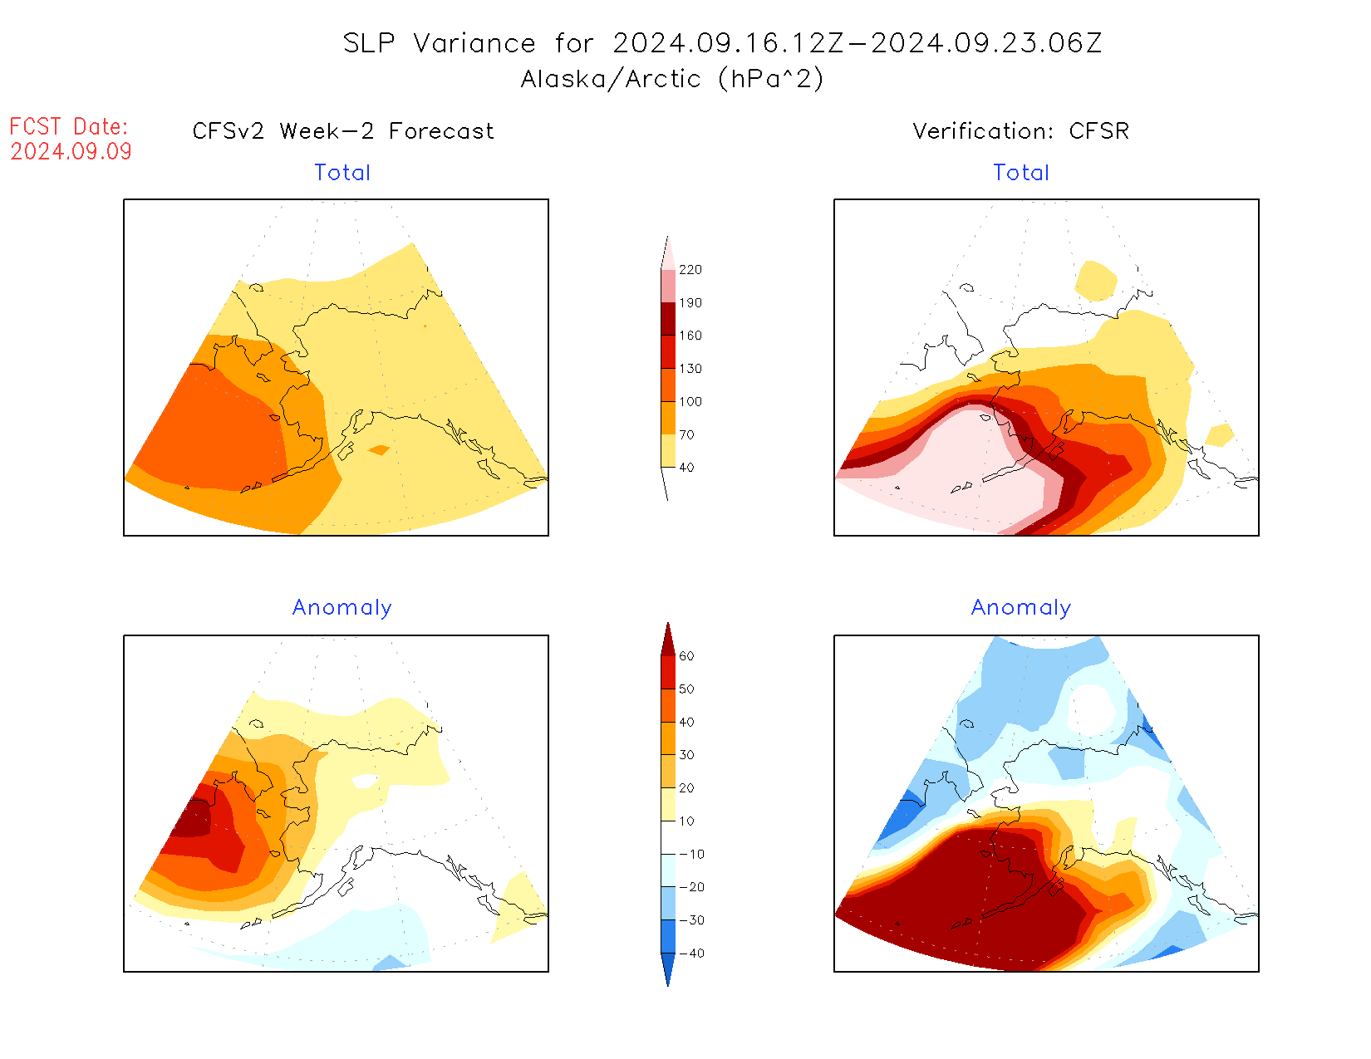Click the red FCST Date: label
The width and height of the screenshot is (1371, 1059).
tap(69, 127)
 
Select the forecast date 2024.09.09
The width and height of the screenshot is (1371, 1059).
tap(71, 152)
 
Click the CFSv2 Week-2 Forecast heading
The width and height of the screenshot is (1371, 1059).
tap(343, 131)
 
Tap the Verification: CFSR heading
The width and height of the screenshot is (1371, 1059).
tap(1020, 131)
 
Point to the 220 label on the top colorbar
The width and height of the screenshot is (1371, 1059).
tap(690, 270)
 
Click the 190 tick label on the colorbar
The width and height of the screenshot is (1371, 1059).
tap(690, 303)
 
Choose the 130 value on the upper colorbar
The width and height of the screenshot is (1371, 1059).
tap(690, 369)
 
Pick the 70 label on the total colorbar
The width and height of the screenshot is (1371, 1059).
tap(686, 434)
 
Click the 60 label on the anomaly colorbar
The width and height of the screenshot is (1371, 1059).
tap(686, 656)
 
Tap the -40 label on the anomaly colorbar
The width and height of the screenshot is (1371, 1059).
tap(691, 954)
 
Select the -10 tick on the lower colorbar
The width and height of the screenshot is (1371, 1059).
tap(691, 854)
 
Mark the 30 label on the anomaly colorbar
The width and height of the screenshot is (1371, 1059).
tap(686, 755)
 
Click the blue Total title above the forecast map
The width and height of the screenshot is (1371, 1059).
tap(342, 173)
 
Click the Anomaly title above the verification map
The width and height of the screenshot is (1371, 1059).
tap(1021, 608)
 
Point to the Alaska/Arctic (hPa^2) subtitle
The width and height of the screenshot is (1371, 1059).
tap(672, 79)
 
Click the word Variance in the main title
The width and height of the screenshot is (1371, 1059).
tap(474, 43)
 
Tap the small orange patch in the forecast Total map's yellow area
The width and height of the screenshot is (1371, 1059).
tap(379, 450)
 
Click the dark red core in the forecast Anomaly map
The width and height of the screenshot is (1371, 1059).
tap(193, 818)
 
